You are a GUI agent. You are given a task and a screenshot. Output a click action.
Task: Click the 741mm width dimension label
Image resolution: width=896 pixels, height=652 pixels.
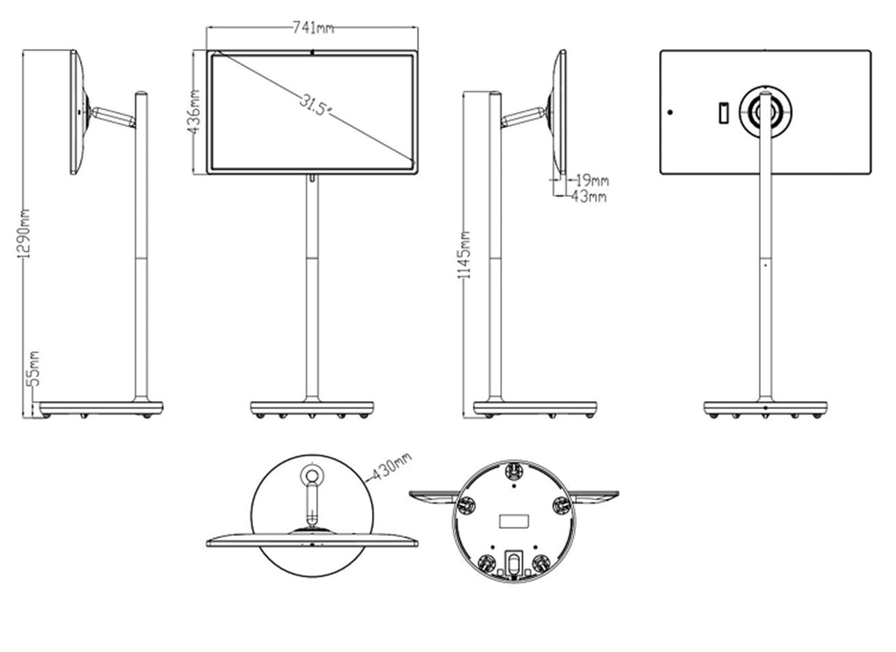tap(313, 28)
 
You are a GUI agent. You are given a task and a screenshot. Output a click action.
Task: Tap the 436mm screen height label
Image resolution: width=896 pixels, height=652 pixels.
tap(194, 112)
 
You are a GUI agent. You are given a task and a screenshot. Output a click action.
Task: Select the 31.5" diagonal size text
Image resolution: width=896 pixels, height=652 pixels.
tap(315, 105)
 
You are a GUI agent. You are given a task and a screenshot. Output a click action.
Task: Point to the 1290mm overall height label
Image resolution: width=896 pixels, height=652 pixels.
tap(24, 233)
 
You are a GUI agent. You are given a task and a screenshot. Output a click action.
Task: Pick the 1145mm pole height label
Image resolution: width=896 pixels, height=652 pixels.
tap(464, 255)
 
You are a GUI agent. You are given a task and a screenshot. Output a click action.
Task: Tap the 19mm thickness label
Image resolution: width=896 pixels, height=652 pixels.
tap(592, 181)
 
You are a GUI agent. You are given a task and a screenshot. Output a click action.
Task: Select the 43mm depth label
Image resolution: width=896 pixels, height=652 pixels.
tap(589, 196)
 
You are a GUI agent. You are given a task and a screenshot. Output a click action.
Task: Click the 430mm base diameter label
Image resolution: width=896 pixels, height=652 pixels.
tap(392, 466)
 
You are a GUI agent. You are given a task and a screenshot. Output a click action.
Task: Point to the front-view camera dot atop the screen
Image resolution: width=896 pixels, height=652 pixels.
tap(312, 51)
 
